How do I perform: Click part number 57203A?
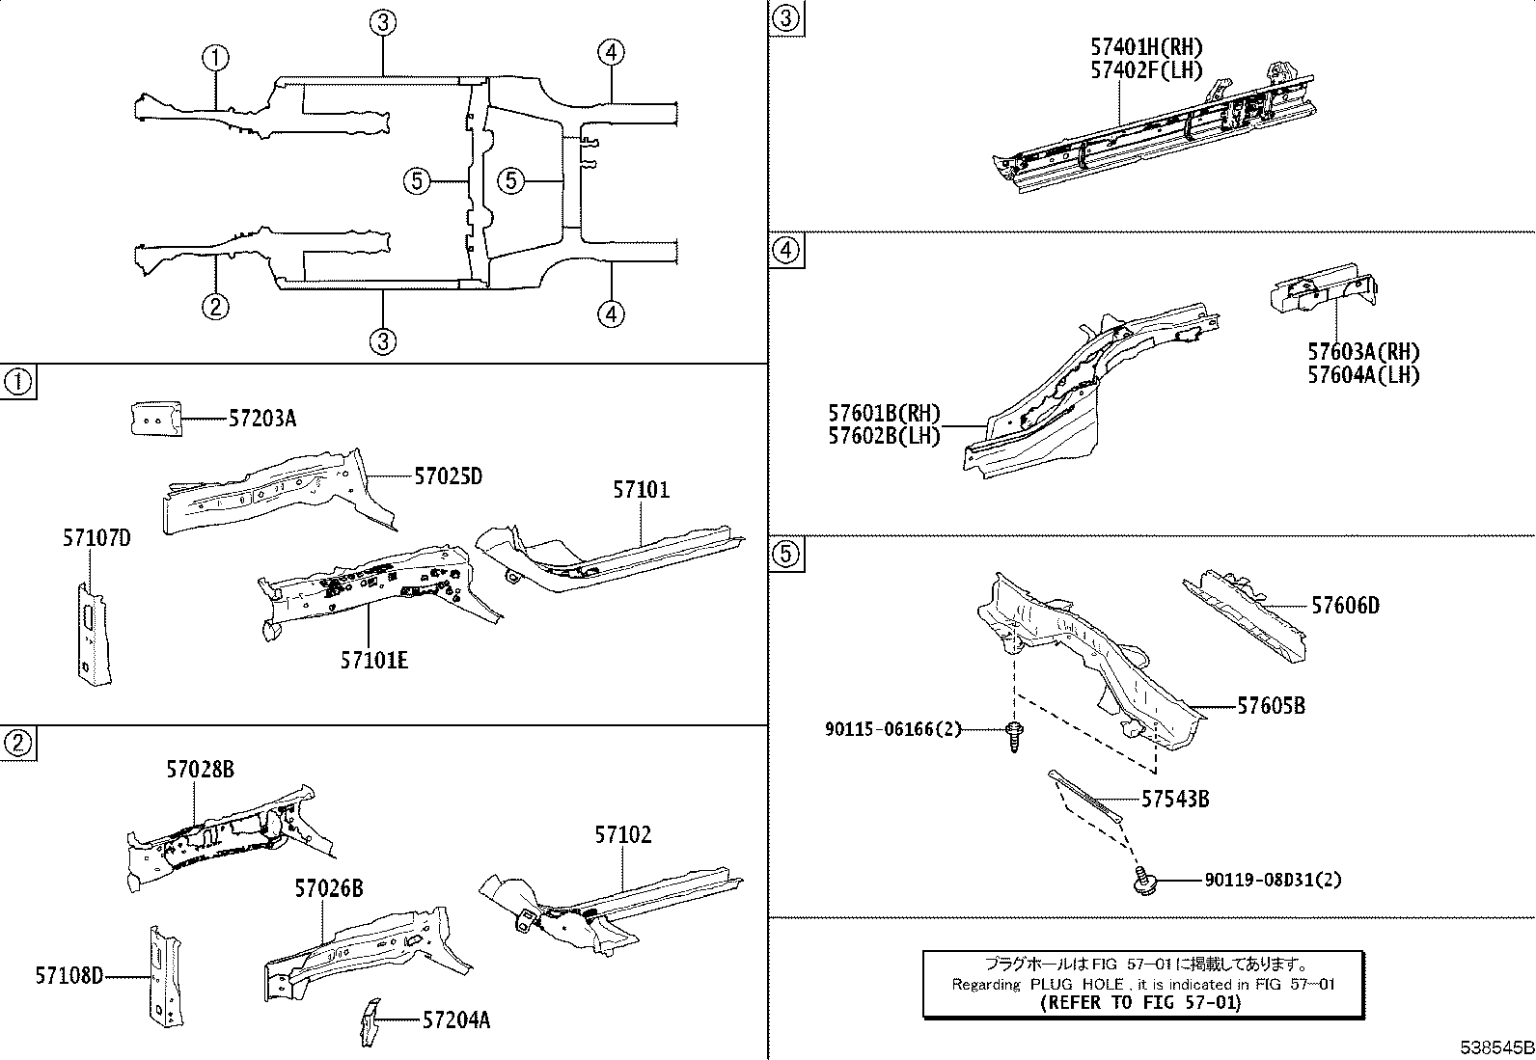[262, 419]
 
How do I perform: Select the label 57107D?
[96, 539]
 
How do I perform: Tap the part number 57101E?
[373, 661]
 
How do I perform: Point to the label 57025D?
[448, 476]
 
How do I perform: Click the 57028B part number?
[200, 770]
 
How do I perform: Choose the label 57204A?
[455, 1020]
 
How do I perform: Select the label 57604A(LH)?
[1363, 375]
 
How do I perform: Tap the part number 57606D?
[1345, 606]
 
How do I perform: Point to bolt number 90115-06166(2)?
[893, 730]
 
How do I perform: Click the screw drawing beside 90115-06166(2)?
[1013, 739]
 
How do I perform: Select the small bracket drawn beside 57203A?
[154, 420]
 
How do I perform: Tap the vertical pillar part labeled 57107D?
[91, 632]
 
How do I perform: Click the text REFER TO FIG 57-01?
[1142, 1003]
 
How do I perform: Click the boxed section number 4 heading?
[786, 252]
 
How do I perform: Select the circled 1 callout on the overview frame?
[215, 57]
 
